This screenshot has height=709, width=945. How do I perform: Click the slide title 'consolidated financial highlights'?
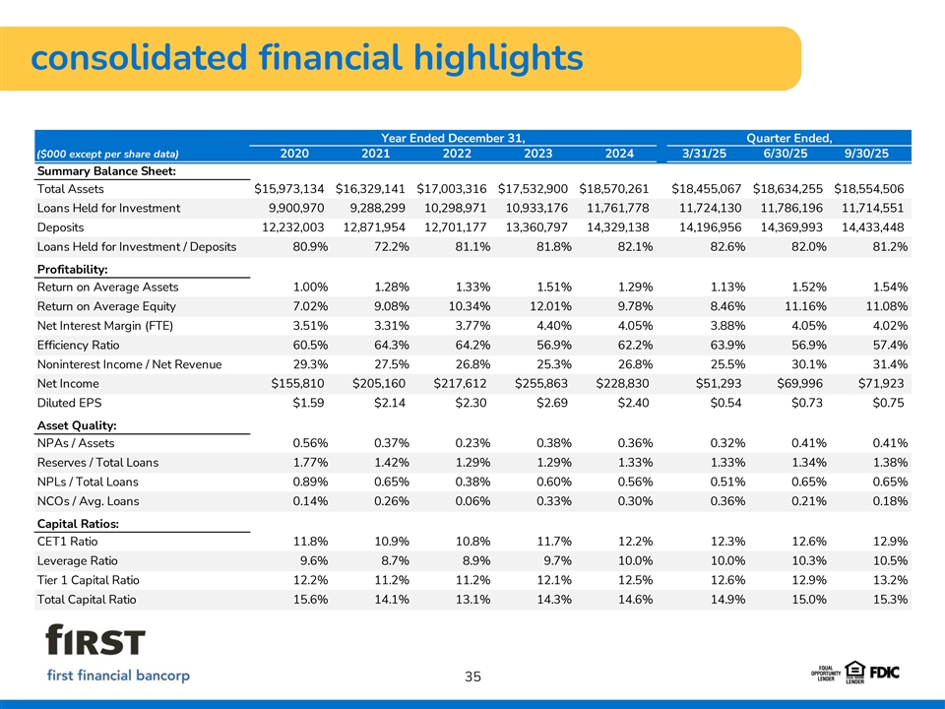click(306, 58)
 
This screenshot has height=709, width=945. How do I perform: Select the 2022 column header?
click(458, 153)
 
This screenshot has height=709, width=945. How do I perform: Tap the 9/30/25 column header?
click(867, 153)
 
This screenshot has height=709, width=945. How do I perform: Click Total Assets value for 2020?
click(289, 188)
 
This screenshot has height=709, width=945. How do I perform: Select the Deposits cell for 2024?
click(614, 227)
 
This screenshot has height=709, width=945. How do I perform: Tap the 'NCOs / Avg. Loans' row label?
click(88, 501)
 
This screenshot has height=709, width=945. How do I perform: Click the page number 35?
click(472, 677)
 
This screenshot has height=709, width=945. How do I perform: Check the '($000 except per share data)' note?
click(106, 154)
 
